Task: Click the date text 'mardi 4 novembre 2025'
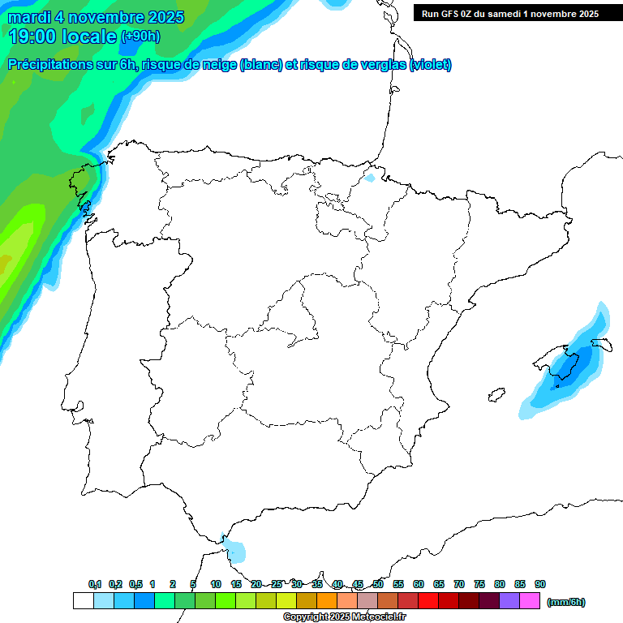[x=96, y=17]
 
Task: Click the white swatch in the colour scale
[x=83, y=601]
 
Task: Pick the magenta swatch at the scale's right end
[x=530, y=601]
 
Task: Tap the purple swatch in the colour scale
[x=509, y=601]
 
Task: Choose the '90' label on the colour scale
[x=540, y=584]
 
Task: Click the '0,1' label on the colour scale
[x=95, y=584]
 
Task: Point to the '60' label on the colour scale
[x=419, y=584]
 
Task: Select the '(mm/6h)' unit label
[x=566, y=602]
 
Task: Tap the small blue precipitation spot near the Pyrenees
[x=371, y=178]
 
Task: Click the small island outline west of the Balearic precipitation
[x=493, y=395]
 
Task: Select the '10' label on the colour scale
[x=216, y=584]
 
